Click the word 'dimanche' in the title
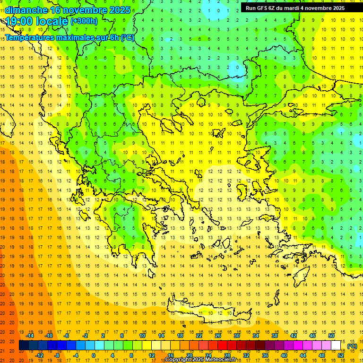(26, 10)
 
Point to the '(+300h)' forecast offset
(84, 21)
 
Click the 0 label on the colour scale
(94, 355)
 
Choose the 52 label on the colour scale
(340, 355)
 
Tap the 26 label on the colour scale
(218, 336)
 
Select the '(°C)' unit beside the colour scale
(352, 346)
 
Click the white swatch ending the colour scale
(336, 346)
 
